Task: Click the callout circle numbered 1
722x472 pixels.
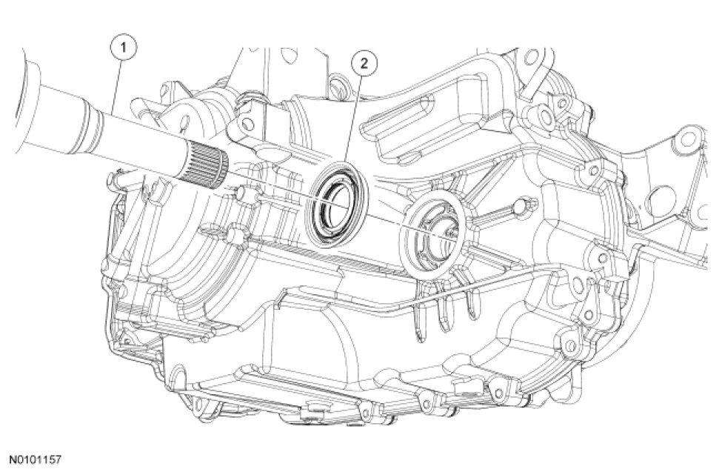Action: click(x=123, y=48)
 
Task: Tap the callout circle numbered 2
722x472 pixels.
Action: click(x=364, y=63)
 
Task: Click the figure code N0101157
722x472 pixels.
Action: click(x=36, y=459)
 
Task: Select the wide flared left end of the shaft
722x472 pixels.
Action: click(x=29, y=99)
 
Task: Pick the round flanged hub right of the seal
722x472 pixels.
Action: click(x=433, y=234)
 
